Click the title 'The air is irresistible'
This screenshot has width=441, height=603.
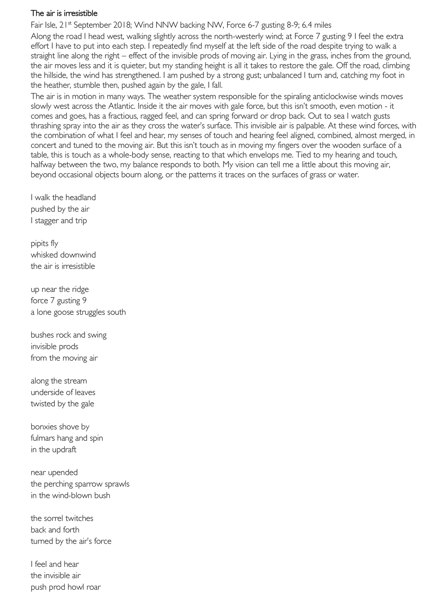coord(64,13)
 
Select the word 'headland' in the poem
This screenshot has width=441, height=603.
coord(80,197)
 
